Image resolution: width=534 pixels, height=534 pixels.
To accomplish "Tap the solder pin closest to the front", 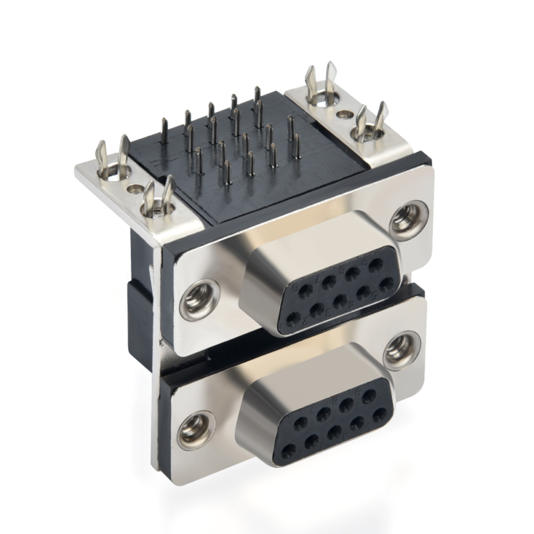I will pos(227,172).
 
